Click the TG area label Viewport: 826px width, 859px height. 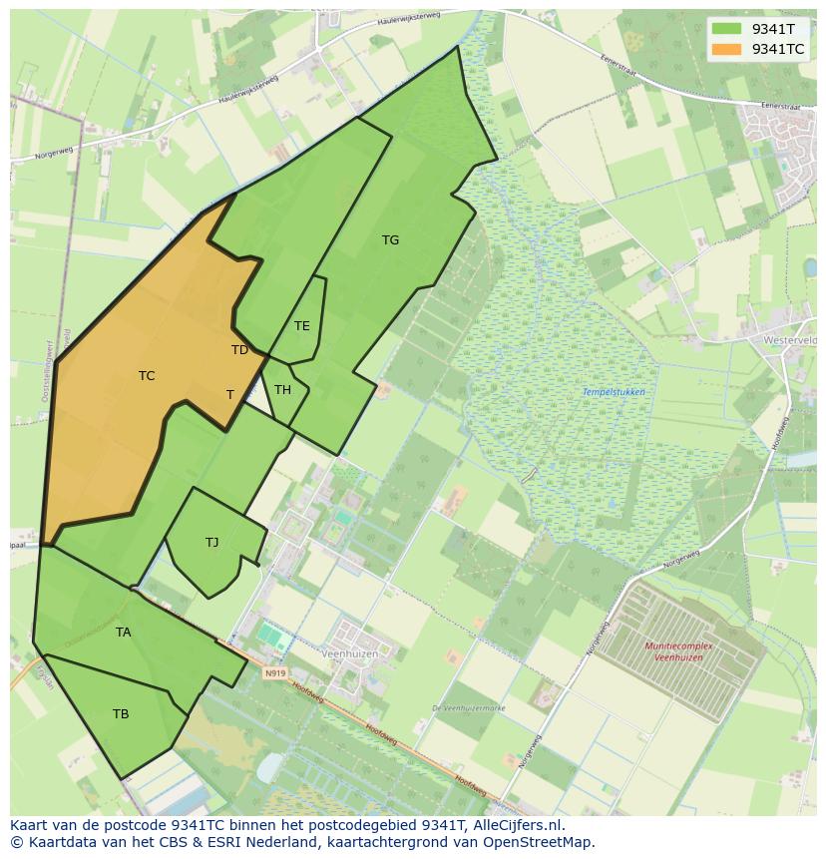click(x=390, y=240)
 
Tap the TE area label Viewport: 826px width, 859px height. click(x=301, y=326)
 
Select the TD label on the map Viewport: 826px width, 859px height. click(x=239, y=350)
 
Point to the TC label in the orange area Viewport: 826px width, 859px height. click(x=147, y=376)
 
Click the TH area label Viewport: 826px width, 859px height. click(x=282, y=390)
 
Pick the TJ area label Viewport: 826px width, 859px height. click(x=211, y=543)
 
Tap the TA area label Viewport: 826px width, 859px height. click(x=123, y=633)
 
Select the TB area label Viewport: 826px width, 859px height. click(x=121, y=714)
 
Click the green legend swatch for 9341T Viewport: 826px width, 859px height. click(x=727, y=28)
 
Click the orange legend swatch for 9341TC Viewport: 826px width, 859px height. click(x=727, y=49)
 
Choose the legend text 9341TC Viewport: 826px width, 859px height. click(x=778, y=49)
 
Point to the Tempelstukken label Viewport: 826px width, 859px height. click(x=614, y=392)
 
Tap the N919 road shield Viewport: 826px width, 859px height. click(x=275, y=673)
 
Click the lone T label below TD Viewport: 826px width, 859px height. click(x=229, y=395)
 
